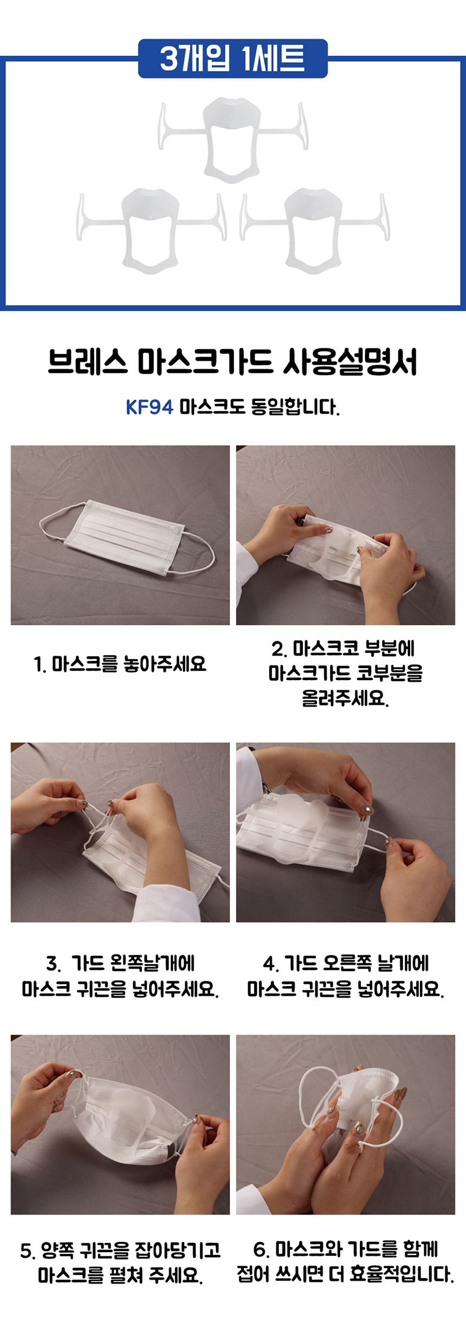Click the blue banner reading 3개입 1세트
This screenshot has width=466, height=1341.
233,59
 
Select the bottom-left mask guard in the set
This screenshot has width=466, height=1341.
151,230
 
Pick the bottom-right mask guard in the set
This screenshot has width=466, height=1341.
314,230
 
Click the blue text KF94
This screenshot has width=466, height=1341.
150,407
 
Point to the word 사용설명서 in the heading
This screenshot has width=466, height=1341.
350,362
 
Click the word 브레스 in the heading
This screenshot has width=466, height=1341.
87,362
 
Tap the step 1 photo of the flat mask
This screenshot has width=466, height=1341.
120,535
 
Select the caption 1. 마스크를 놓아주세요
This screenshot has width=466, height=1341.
120,663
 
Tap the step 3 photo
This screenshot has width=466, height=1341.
120,832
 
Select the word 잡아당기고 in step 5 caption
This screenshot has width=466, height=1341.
178,1251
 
